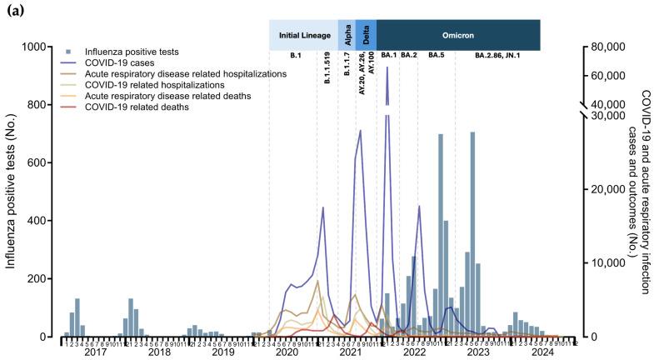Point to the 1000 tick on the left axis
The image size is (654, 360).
(x=34, y=47)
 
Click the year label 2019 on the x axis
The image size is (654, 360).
(x=222, y=353)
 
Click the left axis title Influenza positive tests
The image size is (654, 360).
(x=12, y=192)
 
